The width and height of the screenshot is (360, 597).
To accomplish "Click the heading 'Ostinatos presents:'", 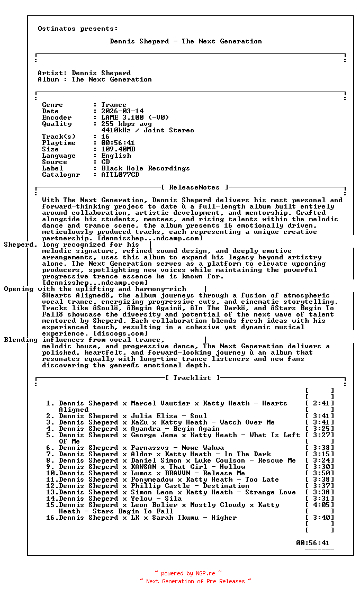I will [x=78, y=29].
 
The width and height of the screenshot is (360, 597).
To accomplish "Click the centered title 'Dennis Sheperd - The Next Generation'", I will [x=186, y=41].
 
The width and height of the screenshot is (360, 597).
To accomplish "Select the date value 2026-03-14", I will [x=122, y=111].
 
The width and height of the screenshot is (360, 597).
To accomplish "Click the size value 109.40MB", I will [x=118, y=149].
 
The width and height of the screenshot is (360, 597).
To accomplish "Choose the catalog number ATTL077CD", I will [x=120, y=175].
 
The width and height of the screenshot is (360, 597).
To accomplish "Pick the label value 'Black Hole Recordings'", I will [x=146, y=168].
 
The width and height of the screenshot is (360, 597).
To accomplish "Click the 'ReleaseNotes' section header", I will [x=194, y=187].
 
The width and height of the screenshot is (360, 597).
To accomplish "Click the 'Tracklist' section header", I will [x=192, y=378].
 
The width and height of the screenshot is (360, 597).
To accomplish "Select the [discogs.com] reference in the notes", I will [x=124, y=333].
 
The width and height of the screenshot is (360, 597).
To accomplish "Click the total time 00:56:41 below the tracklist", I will [x=313, y=543].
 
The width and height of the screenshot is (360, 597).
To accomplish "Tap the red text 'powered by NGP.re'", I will [x=188, y=573].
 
